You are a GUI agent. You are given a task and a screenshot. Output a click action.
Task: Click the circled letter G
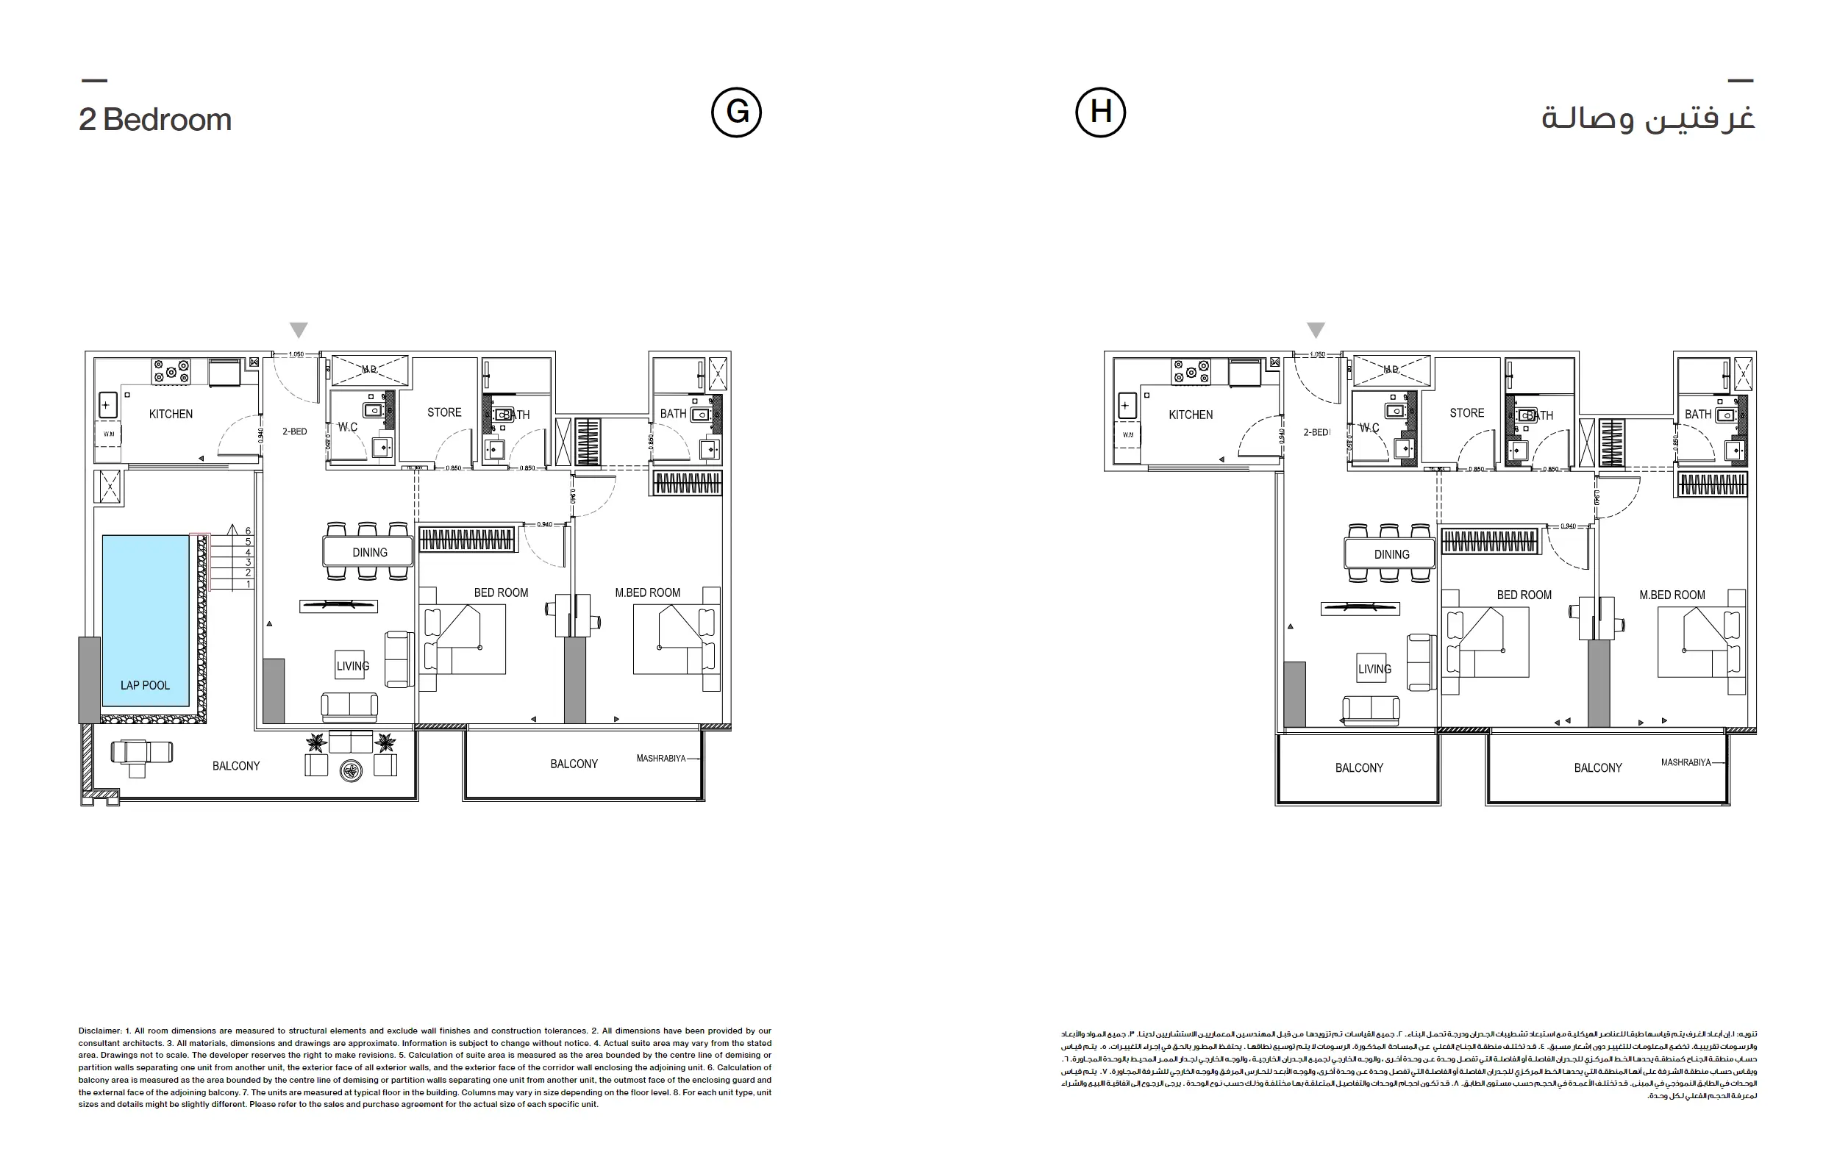coord(736,112)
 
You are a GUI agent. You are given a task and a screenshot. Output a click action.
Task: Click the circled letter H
coord(1100,112)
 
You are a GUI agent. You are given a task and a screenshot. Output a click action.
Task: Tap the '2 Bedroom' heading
coord(155,120)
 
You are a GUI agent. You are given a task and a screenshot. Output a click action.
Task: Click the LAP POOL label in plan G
coord(145,685)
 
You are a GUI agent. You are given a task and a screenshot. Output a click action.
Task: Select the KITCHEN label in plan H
coord(1190,415)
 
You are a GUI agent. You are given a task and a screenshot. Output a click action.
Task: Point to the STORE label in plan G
coord(444,412)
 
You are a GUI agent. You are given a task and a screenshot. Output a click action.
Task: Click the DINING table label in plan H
coord(1391,554)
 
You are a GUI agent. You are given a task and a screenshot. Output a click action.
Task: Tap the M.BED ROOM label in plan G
coord(647,592)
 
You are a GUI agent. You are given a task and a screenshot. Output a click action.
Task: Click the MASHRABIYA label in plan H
coord(1686,762)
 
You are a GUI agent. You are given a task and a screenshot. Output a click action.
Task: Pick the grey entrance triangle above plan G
coord(299,329)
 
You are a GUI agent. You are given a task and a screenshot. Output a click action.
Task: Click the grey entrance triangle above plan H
coord(1315,329)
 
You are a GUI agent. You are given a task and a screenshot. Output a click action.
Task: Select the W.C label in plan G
coord(348,427)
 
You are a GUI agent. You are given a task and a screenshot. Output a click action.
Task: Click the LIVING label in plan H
coord(1374,669)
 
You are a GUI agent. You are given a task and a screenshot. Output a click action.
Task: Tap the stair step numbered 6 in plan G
coord(248,531)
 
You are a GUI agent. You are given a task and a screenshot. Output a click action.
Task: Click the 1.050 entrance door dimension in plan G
coord(296,354)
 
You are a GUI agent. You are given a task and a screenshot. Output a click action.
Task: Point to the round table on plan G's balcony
coord(351,771)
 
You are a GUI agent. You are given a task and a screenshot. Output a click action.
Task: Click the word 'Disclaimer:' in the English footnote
coord(100,1031)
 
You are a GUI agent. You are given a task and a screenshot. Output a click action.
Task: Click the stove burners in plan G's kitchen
coord(171,370)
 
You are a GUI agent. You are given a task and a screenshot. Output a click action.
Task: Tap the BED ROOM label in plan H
coord(1524,595)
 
